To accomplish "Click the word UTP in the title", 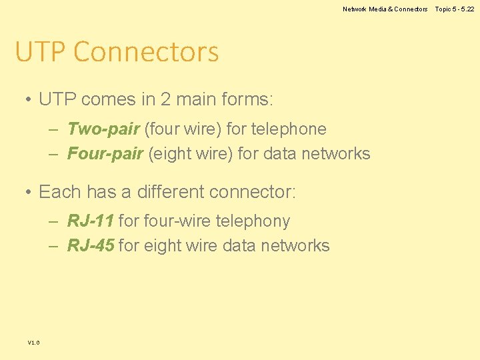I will point(41,52).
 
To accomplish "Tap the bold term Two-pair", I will point(103,129).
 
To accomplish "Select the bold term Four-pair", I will point(105,154).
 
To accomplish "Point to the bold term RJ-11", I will point(91,221).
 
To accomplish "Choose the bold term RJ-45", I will point(91,246).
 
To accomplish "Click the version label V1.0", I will point(33,343).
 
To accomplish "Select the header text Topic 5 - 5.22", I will point(455,9).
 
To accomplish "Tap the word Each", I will point(57,192).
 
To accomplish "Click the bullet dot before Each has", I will point(29,193).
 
